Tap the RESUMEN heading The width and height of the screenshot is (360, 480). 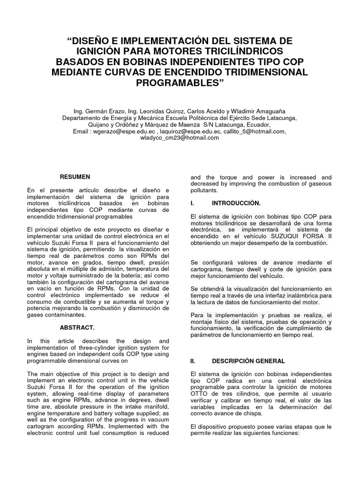tap(75, 177)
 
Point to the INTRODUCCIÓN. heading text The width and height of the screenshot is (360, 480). tap(236, 203)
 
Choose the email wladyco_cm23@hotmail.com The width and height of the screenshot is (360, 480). tap(180, 138)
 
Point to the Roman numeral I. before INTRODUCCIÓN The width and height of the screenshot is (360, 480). tap(192, 203)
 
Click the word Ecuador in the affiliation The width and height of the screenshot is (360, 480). tap(257, 125)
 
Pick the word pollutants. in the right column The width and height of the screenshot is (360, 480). tap(204, 191)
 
